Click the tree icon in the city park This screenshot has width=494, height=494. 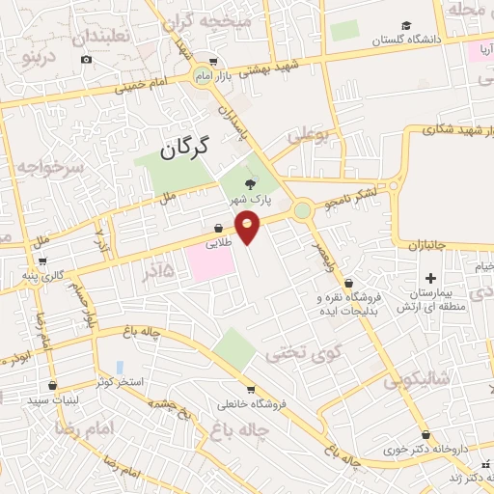pos(252,181)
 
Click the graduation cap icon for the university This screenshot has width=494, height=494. pos(406,25)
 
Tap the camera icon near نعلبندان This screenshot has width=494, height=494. pos(86,60)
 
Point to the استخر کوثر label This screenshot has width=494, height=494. pos(119,382)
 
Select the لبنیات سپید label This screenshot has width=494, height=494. pos(51,398)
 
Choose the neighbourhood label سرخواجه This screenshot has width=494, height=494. pos(50,167)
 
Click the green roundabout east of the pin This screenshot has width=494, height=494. pos(303,208)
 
